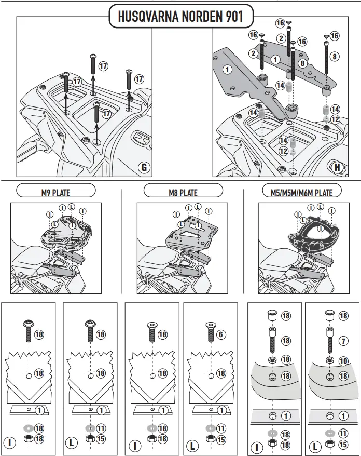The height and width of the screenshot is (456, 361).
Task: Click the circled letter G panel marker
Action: coord(144,167)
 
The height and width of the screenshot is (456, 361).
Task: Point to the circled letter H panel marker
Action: coord(338,167)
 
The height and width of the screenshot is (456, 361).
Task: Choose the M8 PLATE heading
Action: coord(183,192)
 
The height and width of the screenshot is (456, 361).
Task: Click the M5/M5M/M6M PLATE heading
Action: coord(302,192)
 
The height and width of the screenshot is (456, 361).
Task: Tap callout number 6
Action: coord(221,334)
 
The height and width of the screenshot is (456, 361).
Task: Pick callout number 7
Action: coord(343,341)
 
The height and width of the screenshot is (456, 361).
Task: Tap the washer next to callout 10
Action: coord(329,359)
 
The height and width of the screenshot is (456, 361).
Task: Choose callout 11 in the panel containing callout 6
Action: coord(221,428)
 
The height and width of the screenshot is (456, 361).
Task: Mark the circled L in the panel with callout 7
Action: coord(314,446)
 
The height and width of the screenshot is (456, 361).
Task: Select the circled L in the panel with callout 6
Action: coord(191,446)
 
